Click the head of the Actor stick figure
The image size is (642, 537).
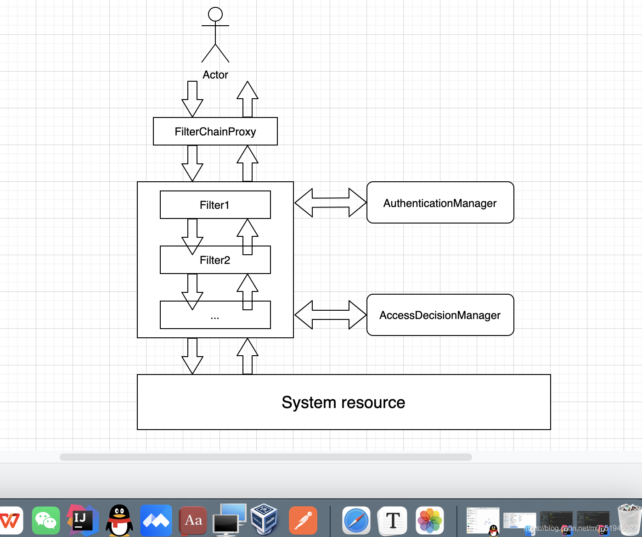pos(215,14)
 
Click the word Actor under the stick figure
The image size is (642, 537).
pos(215,75)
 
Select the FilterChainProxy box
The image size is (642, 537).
pos(215,132)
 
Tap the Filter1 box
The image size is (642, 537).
pos(214,205)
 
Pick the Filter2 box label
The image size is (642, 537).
pos(214,260)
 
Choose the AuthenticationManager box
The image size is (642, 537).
pos(440,203)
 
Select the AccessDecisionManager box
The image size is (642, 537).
pos(440,315)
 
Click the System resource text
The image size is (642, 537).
pos(344,403)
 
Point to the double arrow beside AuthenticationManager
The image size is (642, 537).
pos(330,202)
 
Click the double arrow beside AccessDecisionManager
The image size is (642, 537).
pos(330,315)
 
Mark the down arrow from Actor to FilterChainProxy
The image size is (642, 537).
pos(192,99)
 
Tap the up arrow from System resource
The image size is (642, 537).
pos(248,356)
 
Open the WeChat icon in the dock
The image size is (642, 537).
pos(46,520)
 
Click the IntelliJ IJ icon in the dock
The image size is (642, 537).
pos(83,520)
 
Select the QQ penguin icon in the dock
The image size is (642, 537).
pos(119,520)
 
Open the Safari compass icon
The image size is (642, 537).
pos(356,521)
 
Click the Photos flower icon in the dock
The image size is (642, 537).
pos(429,521)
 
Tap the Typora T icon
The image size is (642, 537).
pos(393,521)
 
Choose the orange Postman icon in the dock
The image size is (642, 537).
pos(303,521)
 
